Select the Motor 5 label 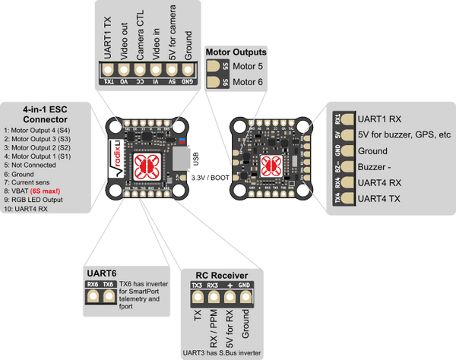pos(248,67)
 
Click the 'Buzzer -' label pos(378,166)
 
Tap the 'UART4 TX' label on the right pos(385,197)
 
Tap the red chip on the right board pos(268,165)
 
